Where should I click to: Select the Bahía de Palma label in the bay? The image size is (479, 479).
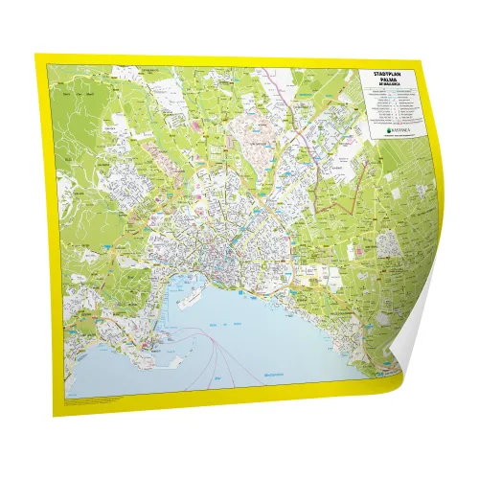tap(216, 324)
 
